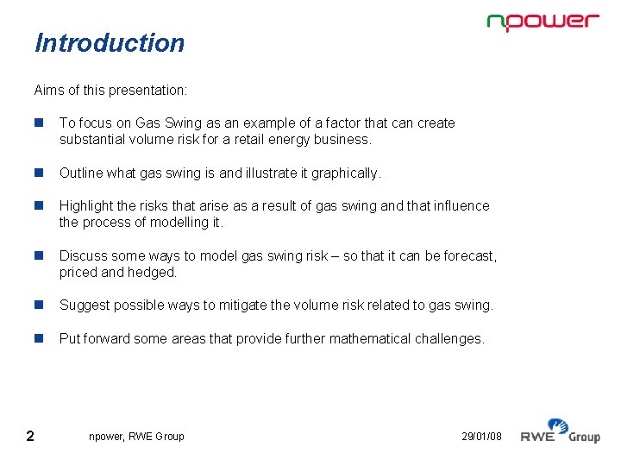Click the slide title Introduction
[110, 43]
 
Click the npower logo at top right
[543, 22]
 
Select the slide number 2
[30, 436]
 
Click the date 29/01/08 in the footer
[482, 437]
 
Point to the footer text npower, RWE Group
[136, 437]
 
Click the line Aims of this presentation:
[110, 90]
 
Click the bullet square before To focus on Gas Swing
[39, 123]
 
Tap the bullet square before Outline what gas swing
[39, 173]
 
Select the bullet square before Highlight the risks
[39, 206]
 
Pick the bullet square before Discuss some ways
[39, 256]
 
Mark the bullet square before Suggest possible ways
[39, 305]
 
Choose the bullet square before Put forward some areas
[39, 339]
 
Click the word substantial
[92, 140]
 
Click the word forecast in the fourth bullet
[470, 256]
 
